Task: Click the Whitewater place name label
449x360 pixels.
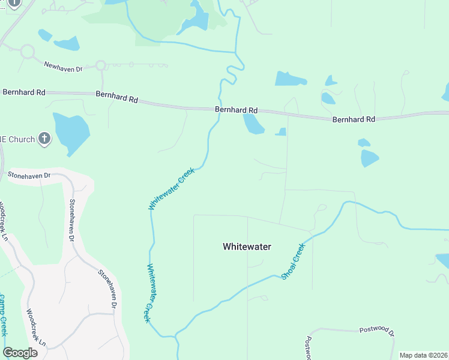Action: [247, 247]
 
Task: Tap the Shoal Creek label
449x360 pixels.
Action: [294, 260]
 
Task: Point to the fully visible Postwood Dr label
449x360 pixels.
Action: [376, 331]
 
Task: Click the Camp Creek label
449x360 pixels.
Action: [3, 315]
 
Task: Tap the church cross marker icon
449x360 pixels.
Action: [44, 139]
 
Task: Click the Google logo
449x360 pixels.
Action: [20, 352]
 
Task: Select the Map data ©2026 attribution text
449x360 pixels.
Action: [423, 355]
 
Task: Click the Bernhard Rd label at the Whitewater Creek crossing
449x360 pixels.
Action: [237, 110]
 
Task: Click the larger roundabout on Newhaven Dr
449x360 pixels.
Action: [27, 52]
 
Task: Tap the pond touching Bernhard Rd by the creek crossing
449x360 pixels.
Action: [253, 124]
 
